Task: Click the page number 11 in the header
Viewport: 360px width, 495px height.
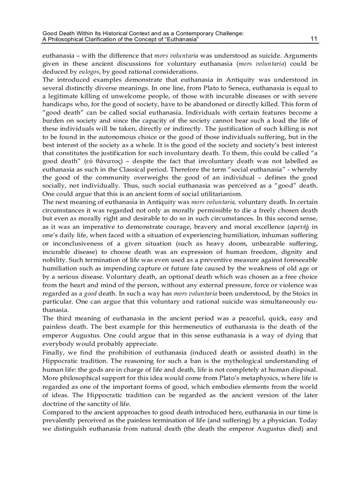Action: click(314, 39)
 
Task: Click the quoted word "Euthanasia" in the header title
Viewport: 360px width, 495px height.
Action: click(182, 40)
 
